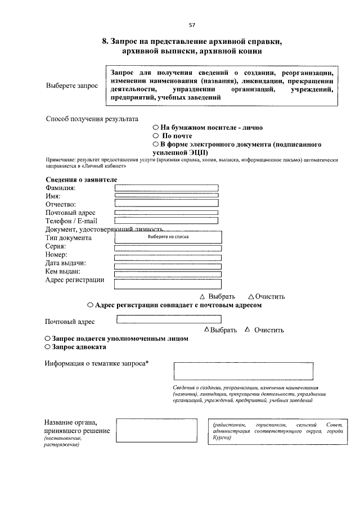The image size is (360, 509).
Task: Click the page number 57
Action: point(192,25)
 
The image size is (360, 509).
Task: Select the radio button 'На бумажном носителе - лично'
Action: point(156,128)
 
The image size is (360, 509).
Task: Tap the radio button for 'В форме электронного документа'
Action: point(156,145)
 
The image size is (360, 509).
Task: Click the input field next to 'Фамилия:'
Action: point(166,188)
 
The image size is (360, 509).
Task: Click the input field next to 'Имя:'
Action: point(166,195)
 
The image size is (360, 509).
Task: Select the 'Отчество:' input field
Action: point(166,203)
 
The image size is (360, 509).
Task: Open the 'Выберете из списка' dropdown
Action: point(168,237)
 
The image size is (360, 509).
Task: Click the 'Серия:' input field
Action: point(168,248)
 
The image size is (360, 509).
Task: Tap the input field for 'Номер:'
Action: point(168,258)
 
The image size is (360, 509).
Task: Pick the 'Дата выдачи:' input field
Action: point(168,266)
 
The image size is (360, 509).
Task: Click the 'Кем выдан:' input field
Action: point(168,274)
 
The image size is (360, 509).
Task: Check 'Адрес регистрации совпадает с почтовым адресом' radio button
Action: point(91,305)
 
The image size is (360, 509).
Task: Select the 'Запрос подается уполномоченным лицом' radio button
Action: point(48,339)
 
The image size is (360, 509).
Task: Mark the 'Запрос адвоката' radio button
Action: point(48,348)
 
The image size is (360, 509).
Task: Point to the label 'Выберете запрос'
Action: point(71,86)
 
